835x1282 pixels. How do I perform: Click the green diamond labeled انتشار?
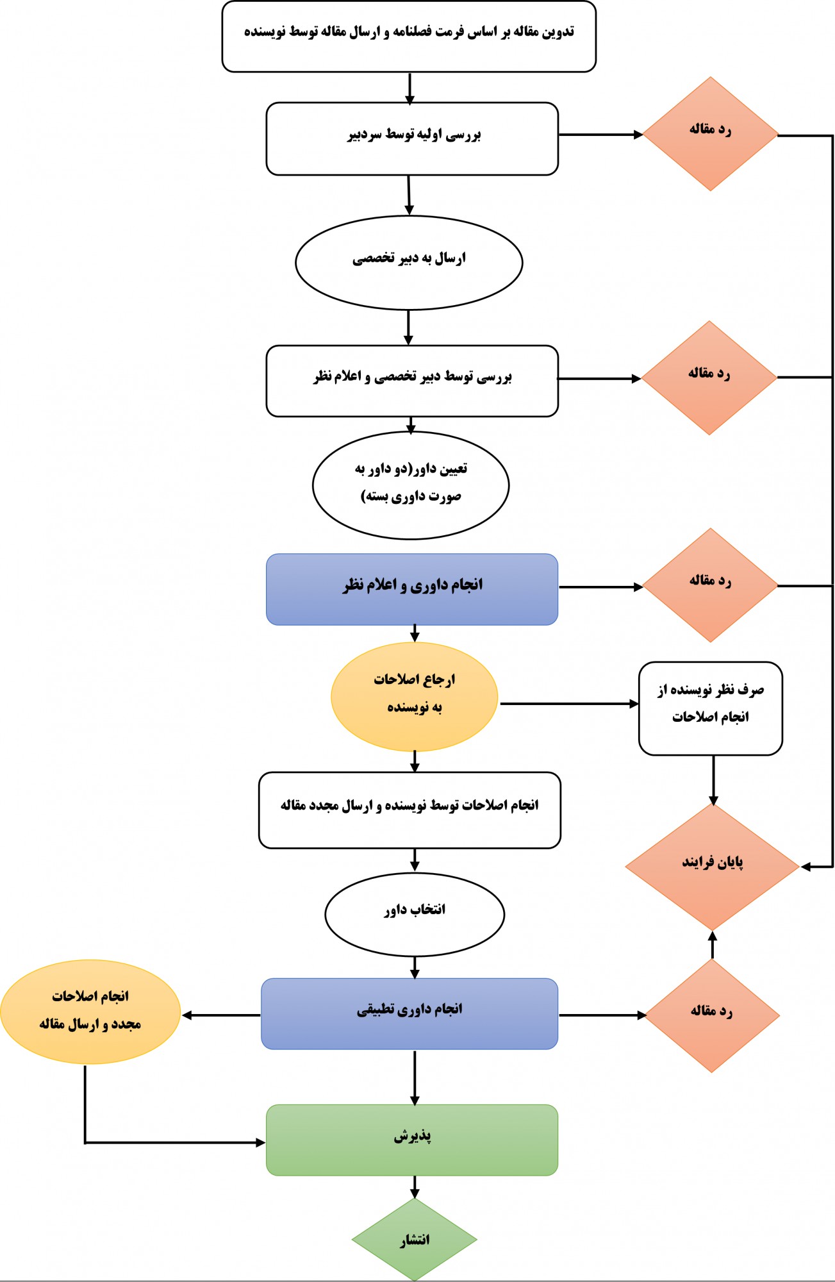tap(414, 1239)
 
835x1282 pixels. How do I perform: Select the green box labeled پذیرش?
tap(411, 1140)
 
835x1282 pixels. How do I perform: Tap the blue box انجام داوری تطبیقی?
tap(409, 1013)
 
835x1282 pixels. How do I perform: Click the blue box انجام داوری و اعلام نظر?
tap(411, 588)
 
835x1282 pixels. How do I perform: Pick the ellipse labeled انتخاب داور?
tap(414, 913)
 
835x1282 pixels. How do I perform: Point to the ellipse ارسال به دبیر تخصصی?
tap(409, 262)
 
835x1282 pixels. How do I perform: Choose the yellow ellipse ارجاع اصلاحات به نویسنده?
tap(414, 696)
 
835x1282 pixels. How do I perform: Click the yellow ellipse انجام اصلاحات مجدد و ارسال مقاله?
tap(90, 1011)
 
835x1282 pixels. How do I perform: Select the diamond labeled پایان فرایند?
tap(712, 866)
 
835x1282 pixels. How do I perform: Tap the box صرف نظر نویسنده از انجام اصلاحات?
tap(710, 708)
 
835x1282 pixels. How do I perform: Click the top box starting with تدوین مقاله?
tap(409, 36)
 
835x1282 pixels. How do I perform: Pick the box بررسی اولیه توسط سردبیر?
tap(411, 138)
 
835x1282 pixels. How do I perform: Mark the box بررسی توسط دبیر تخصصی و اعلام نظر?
tap(411, 381)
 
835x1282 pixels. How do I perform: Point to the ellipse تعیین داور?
tap(410, 485)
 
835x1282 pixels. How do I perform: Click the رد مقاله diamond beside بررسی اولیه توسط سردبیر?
tap(710, 133)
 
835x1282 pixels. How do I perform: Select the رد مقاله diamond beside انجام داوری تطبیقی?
tap(712, 1015)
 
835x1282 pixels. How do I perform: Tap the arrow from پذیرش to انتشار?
tap(415, 1186)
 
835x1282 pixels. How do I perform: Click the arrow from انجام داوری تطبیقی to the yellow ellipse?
tap(221, 1015)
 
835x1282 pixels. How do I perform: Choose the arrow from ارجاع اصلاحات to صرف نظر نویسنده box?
tap(568, 703)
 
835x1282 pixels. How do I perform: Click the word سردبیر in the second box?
tap(365, 135)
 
